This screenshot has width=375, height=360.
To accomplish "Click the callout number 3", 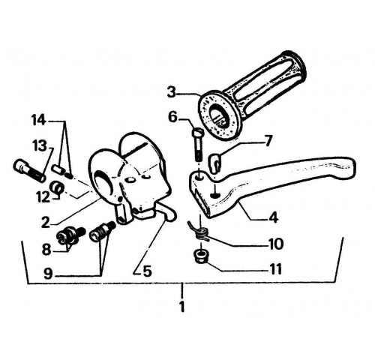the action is pyautogui.click(x=172, y=93).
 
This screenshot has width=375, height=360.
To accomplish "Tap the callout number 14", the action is pyautogui.click(x=39, y=121).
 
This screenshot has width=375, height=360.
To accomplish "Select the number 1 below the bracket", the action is pyautogui.click(x=182, y=306).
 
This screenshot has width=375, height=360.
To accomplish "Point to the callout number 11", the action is pyautogui.click(x=276, y=269).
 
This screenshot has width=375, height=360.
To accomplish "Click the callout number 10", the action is pyautogui.click(x=276, y=244).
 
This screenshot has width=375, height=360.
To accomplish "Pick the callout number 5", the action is pyautogui.click(x=147, y=271).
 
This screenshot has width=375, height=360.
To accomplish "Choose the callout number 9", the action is pyautogui.click(x=48, y=274).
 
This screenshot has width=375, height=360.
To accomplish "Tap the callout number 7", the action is pyautogui.click(x=268, y=142).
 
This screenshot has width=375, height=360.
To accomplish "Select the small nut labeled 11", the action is pyautogui.click(x=200, y=257).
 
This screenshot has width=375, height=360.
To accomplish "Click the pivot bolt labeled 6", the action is pyautogui.click(x=197, y=145).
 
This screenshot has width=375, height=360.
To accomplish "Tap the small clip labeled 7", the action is pyautogui.click(x=214, y=163).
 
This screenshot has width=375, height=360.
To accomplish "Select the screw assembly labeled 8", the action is pyautogui.click(x=71, y=235).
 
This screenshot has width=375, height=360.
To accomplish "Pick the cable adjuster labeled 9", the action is pyautogui.click(x=102, y=231).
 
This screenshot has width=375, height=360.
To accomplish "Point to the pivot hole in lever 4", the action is pyautogui.click(x=200, y=178).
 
